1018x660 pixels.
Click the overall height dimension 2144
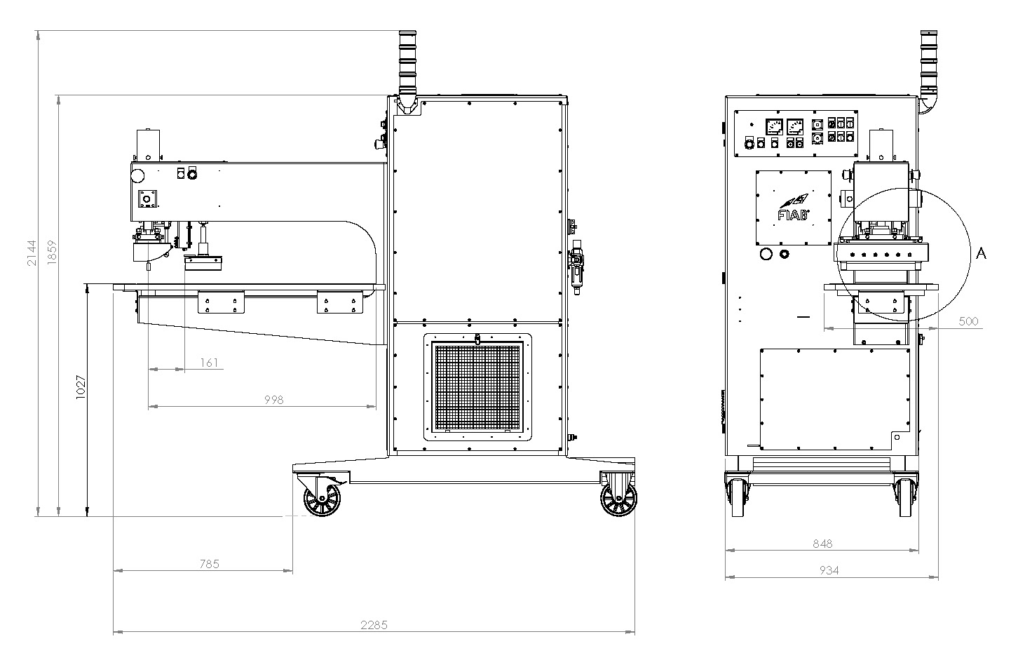(x=32, y=253)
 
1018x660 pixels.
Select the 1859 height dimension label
(x=52, y=252)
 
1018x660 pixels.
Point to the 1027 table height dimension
(x=81, y=387)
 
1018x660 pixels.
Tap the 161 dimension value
(x=209, y=363)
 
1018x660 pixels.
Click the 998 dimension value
(x=274, y=400)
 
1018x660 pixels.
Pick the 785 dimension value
(x=210, y=564)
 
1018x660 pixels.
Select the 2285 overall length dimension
(x=374, y=626)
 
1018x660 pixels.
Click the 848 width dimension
(x=822, y=544)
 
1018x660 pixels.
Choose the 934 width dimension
(x=829, y=570)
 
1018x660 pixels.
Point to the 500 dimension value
(x=968, y=321)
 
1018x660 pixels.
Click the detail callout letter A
(x=981, y=253)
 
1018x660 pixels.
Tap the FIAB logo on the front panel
(x=794, y=208)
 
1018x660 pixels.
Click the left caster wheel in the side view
(x=323, y=499)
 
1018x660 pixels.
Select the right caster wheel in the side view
(x=618, y=499)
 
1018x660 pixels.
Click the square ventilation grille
(x=477, y=387)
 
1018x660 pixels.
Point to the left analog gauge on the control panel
(x=775, y=127)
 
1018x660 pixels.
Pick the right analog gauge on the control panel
(x=795, y=127)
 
